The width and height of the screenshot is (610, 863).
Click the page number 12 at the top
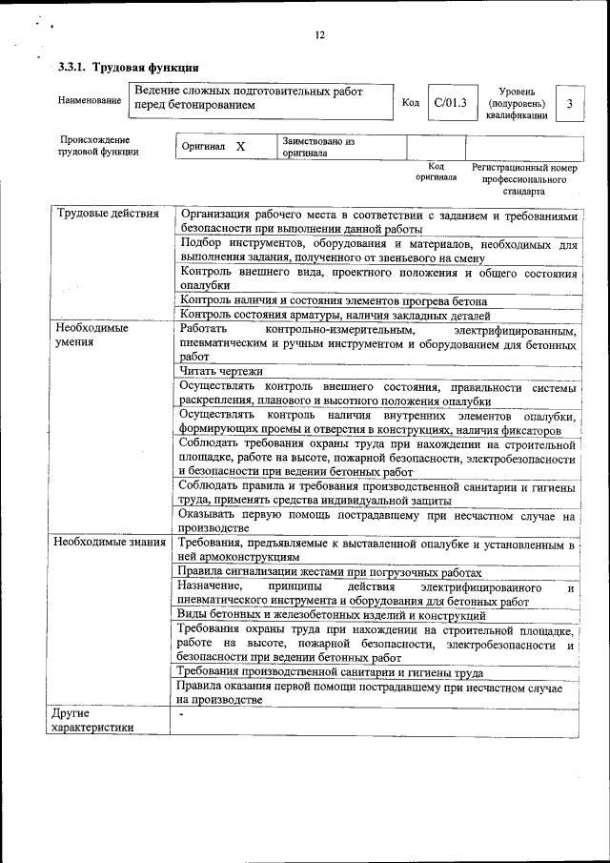click(319, 35)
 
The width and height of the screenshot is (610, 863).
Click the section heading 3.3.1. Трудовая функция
click(128, 68)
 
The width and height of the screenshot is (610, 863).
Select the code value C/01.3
click(449, 102)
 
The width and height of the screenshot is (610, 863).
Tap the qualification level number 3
click(569, 102)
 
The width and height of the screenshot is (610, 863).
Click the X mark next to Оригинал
click(240, 148)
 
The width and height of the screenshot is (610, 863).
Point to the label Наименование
click(90, 100)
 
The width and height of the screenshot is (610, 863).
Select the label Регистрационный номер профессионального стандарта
click(524, 179)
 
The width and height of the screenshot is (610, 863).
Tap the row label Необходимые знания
click(111, 543)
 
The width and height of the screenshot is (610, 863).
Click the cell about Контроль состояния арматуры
click(335, 316)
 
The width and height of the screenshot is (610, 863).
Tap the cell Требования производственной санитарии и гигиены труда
click(330, 672)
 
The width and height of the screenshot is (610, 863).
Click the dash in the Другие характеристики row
click(179, 713)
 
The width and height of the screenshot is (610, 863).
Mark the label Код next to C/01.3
click(411, 103)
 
